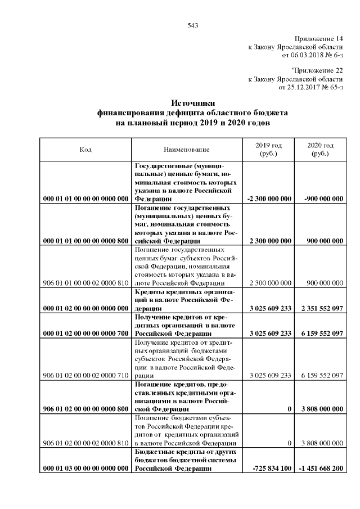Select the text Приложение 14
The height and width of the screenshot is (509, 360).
pyautogui.click(x=318, y=38)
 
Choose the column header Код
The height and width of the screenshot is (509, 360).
pyautogui.click(x=85, y=150)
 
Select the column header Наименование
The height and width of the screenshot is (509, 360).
pyautogui.click(x=187, y=150)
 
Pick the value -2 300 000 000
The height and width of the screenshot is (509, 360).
pyautogui.click(x=269, y=199)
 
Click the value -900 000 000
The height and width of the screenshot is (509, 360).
pyautogui.click(x=323, y=199)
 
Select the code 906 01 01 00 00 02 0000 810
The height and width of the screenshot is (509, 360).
pyautogui.click(x=85, y=283)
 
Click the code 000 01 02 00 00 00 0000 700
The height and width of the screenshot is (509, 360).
pyautogui.click(x=85, y=334)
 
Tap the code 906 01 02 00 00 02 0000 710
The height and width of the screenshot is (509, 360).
pyautogui.click(x=85, y=375)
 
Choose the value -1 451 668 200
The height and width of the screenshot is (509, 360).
pyautogui.click(x=322, y=469)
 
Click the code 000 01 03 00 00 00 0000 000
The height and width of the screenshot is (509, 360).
pyautogui.click(x=85, y=469)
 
